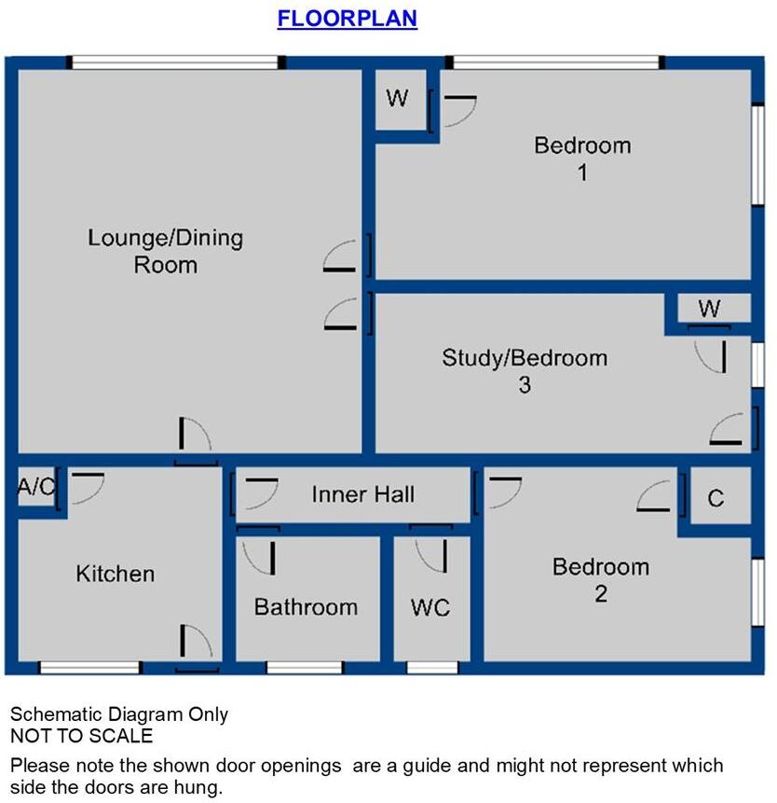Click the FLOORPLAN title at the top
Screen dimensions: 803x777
[x=347, y=19]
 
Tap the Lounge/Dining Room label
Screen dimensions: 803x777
[x=165, y=251]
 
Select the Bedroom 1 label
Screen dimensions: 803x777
[x=582, y=159]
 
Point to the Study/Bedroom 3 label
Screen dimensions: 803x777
[x=525, y=370]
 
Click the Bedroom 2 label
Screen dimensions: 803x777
[x=601, y=579]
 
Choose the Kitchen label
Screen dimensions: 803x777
[x=116, y=574]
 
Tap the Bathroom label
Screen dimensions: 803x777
[x=306, y=607]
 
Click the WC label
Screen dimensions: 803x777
[x=430, y=608]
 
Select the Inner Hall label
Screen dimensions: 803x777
[x=363, y=494]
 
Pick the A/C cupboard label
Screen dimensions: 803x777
[x=36, y=488]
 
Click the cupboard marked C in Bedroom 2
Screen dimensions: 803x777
[x=716, y=499]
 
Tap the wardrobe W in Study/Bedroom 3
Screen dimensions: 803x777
[x=710, y=310]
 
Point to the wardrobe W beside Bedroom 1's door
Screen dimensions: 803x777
[x=399, y=99]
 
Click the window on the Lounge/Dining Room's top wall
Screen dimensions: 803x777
[x=176, y=62]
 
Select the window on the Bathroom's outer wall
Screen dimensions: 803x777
[x=305, y=668]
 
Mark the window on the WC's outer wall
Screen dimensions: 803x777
[x=432, y=668]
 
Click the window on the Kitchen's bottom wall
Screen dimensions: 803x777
[x=90, y=668]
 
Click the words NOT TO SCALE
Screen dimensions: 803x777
[x=81, y=736]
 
